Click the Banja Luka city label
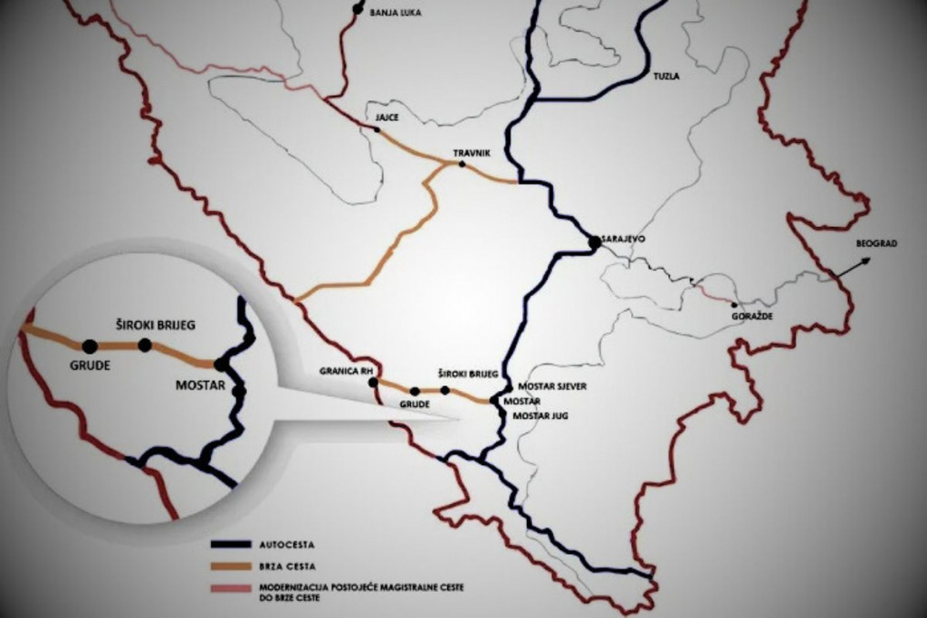396,14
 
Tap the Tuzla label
665,77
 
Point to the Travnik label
472,154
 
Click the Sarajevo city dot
594,242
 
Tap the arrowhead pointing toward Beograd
865,261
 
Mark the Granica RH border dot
373,383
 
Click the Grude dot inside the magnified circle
89,346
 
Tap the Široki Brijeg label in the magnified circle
156,323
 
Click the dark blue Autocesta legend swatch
231,546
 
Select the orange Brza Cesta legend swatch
231,567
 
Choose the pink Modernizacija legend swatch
231,589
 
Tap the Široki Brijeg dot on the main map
444,390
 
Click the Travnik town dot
462,165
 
